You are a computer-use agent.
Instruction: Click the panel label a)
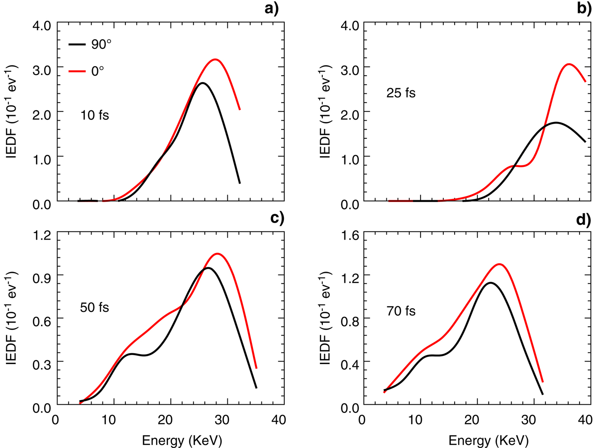pyautogui.click(x=272, y=8)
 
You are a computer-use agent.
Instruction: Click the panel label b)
pyautogui.click(x=584, y=8)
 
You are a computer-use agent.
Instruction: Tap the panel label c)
pyautogui.click(x=277, y=218)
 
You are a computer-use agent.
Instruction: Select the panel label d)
pyautogui.click(x=583, y=220)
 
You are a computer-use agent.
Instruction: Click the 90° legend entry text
pyautogui.click(x=101, y=44)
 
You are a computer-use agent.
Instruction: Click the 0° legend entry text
pyautogui.click(x=98, y=71)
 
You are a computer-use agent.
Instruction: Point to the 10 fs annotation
pyautogui.click(x=95, y=115)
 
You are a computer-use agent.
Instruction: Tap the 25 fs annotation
pyautogui.click(x=401, y=93)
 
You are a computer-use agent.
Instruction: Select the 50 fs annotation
pyautogui.click(x=95, y=307)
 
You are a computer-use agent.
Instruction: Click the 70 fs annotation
pyautogui.click(x=401, y=311)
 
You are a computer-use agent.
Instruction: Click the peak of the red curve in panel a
pyautogui.click(x=215, y=59)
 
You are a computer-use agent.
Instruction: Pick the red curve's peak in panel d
pyautogui.click(x=500, y=264)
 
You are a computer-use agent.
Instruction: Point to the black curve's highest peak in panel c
pyautogui.click(x=208, y=268)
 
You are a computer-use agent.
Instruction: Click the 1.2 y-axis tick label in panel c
pyautogui.click(x=42, y=235)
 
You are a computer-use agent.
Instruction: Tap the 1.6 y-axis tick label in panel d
pyautogui.click(x=350, y=235)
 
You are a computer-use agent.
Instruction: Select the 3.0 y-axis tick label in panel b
pyautogui.click(x=350, y=70)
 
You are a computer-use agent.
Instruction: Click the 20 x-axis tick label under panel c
pyautogui.click(x=165, y=419)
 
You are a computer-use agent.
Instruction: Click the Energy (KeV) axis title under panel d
pyautogui.click(x=488, y=440)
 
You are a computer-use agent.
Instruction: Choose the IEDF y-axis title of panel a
pyautogui.click(x=12, y=112)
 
